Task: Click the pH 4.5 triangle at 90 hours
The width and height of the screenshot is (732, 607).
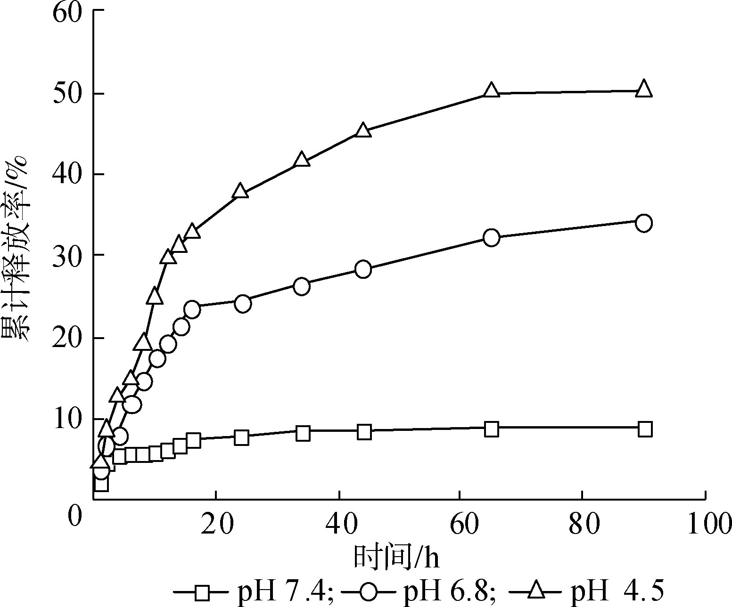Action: (x=644, y=89)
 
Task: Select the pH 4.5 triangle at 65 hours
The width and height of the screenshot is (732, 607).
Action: (x=491, y=90)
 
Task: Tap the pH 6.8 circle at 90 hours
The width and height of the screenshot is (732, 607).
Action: (x=644, y=223)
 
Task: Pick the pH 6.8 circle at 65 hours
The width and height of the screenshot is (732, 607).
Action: (x=491, y=237)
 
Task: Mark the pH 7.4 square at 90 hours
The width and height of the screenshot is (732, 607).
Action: (x=644, y=429)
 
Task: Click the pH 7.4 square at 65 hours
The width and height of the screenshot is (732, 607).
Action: (x=491, y=429)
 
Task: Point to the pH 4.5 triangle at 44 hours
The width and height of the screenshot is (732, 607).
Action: (x=363, y=130)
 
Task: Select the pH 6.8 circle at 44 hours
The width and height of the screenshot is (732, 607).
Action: (x=363, y=269)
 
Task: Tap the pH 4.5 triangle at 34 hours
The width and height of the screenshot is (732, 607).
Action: (x=302, y=160)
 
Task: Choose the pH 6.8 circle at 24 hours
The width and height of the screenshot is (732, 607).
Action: (x=243, y=304)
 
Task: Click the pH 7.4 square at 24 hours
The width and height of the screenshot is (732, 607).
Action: (x=241, y=437)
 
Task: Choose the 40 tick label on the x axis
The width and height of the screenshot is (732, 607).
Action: (x=340, y=524)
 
